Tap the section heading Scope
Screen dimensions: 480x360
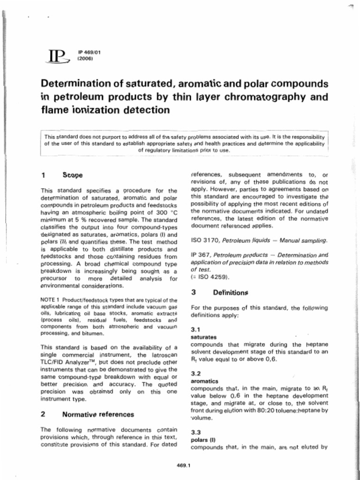pyautogui.click(x=72, y=175)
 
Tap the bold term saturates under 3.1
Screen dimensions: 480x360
pyautogui.click(x=204, y=337)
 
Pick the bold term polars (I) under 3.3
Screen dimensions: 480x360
pyautogui.click(x=202, y=440)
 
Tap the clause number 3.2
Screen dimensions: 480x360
pyautogui.click(x=196, y=374)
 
